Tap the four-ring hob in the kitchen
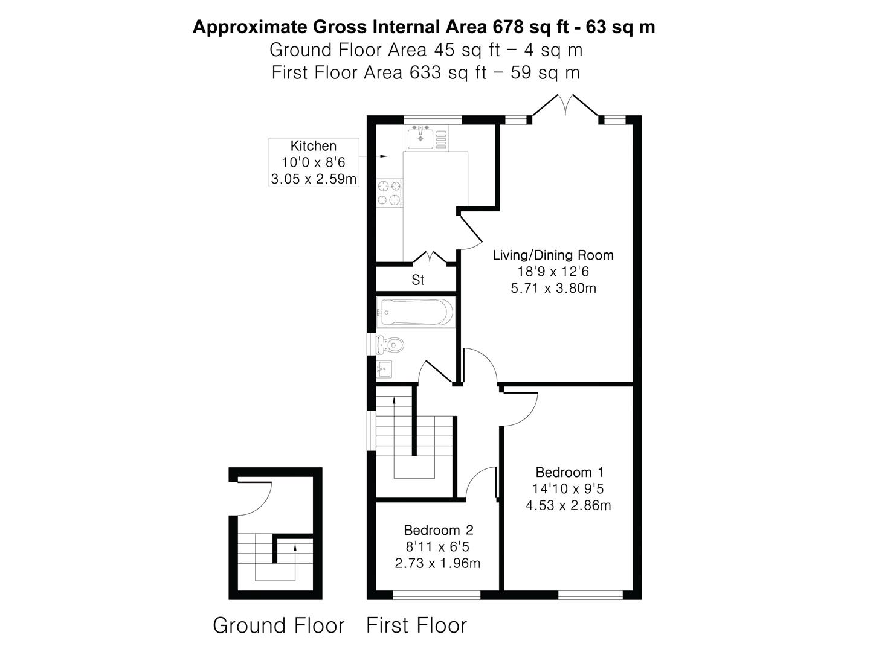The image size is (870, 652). [390, 193]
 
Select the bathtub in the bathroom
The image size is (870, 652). [416, 312]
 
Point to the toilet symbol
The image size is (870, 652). [390, 344]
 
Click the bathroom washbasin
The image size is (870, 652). [384, 369]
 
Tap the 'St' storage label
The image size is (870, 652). [417, 280]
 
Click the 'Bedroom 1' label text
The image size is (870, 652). [570, 472]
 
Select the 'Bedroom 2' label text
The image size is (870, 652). [439, 529]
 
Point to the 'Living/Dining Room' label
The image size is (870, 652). [553, 255]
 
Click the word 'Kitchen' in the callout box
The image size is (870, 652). [313, 146]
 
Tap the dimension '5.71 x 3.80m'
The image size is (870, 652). [553, 288]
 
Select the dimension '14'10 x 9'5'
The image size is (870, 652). [567, 489]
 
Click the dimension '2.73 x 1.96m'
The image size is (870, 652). [437, 563]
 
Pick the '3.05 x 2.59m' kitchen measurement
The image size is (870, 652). [314, 179]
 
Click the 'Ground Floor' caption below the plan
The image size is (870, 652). [279, 625]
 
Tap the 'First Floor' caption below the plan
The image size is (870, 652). [416, 625]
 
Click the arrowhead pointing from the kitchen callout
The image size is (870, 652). [384, 156]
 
